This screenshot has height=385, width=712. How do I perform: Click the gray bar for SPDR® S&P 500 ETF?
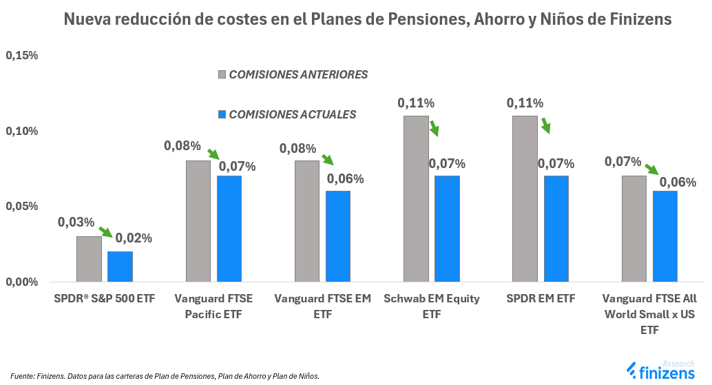click(89, 259)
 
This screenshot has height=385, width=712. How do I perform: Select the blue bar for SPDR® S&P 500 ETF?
click(120, 267)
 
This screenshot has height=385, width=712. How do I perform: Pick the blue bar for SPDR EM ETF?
click(556, 229)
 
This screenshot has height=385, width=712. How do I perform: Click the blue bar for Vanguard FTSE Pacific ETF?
click(229, 229)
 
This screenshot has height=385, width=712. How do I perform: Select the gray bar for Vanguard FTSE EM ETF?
click(306, 221)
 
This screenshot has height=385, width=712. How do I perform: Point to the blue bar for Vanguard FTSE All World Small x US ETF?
click(664, 236)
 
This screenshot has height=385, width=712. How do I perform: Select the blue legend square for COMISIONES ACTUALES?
click(222, 114)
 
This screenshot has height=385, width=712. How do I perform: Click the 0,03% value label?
click(76, 222)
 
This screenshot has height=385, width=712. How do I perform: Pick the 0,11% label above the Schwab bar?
click(415, 103)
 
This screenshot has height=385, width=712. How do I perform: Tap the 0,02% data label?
click(134, 238)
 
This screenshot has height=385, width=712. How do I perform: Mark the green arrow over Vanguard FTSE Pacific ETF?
click(213, 154)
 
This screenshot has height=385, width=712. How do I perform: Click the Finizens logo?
click(664, 371)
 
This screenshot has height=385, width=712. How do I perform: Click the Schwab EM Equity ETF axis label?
click(431, 306)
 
